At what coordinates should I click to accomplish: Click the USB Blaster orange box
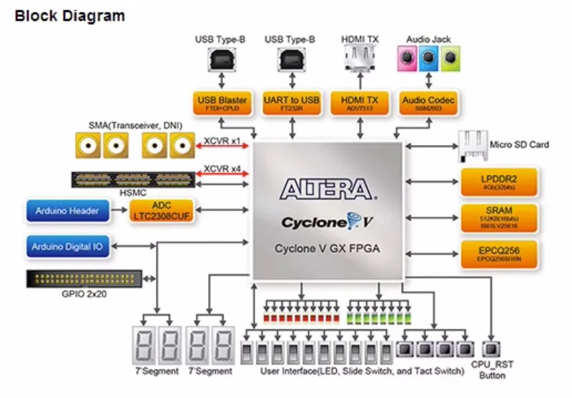pyautogui.click(x=222, y=102)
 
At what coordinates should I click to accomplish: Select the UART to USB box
pyautogui.click(x=292, y=102)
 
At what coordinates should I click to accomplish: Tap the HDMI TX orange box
pyautogui.click(x=360, y=102)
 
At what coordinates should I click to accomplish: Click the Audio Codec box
pyautogui.click(x=428, y=102)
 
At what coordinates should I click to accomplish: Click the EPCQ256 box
pyautogui.click(x=498, y=253)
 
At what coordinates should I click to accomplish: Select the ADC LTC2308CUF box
pyautogui.click(x=161, y=210)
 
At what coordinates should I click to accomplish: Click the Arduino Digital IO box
pyautogui.click(x=67, y=247)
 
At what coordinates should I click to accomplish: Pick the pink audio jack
pyautogui.click(x=406, y=55)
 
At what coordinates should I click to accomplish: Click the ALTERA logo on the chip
pyautogui.click(x=327, y=189)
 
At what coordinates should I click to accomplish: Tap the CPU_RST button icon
pyautogui.click(x=490, y=350)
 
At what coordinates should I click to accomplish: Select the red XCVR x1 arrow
pyautogui.click(x=222, y=146)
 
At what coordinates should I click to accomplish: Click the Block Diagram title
pyautogui.click(x=69, y=15)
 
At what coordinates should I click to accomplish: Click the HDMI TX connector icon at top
pyautogui.click(x=360, y=55)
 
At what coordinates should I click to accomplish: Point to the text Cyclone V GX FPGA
pyautogui.click(x=327, y=249)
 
